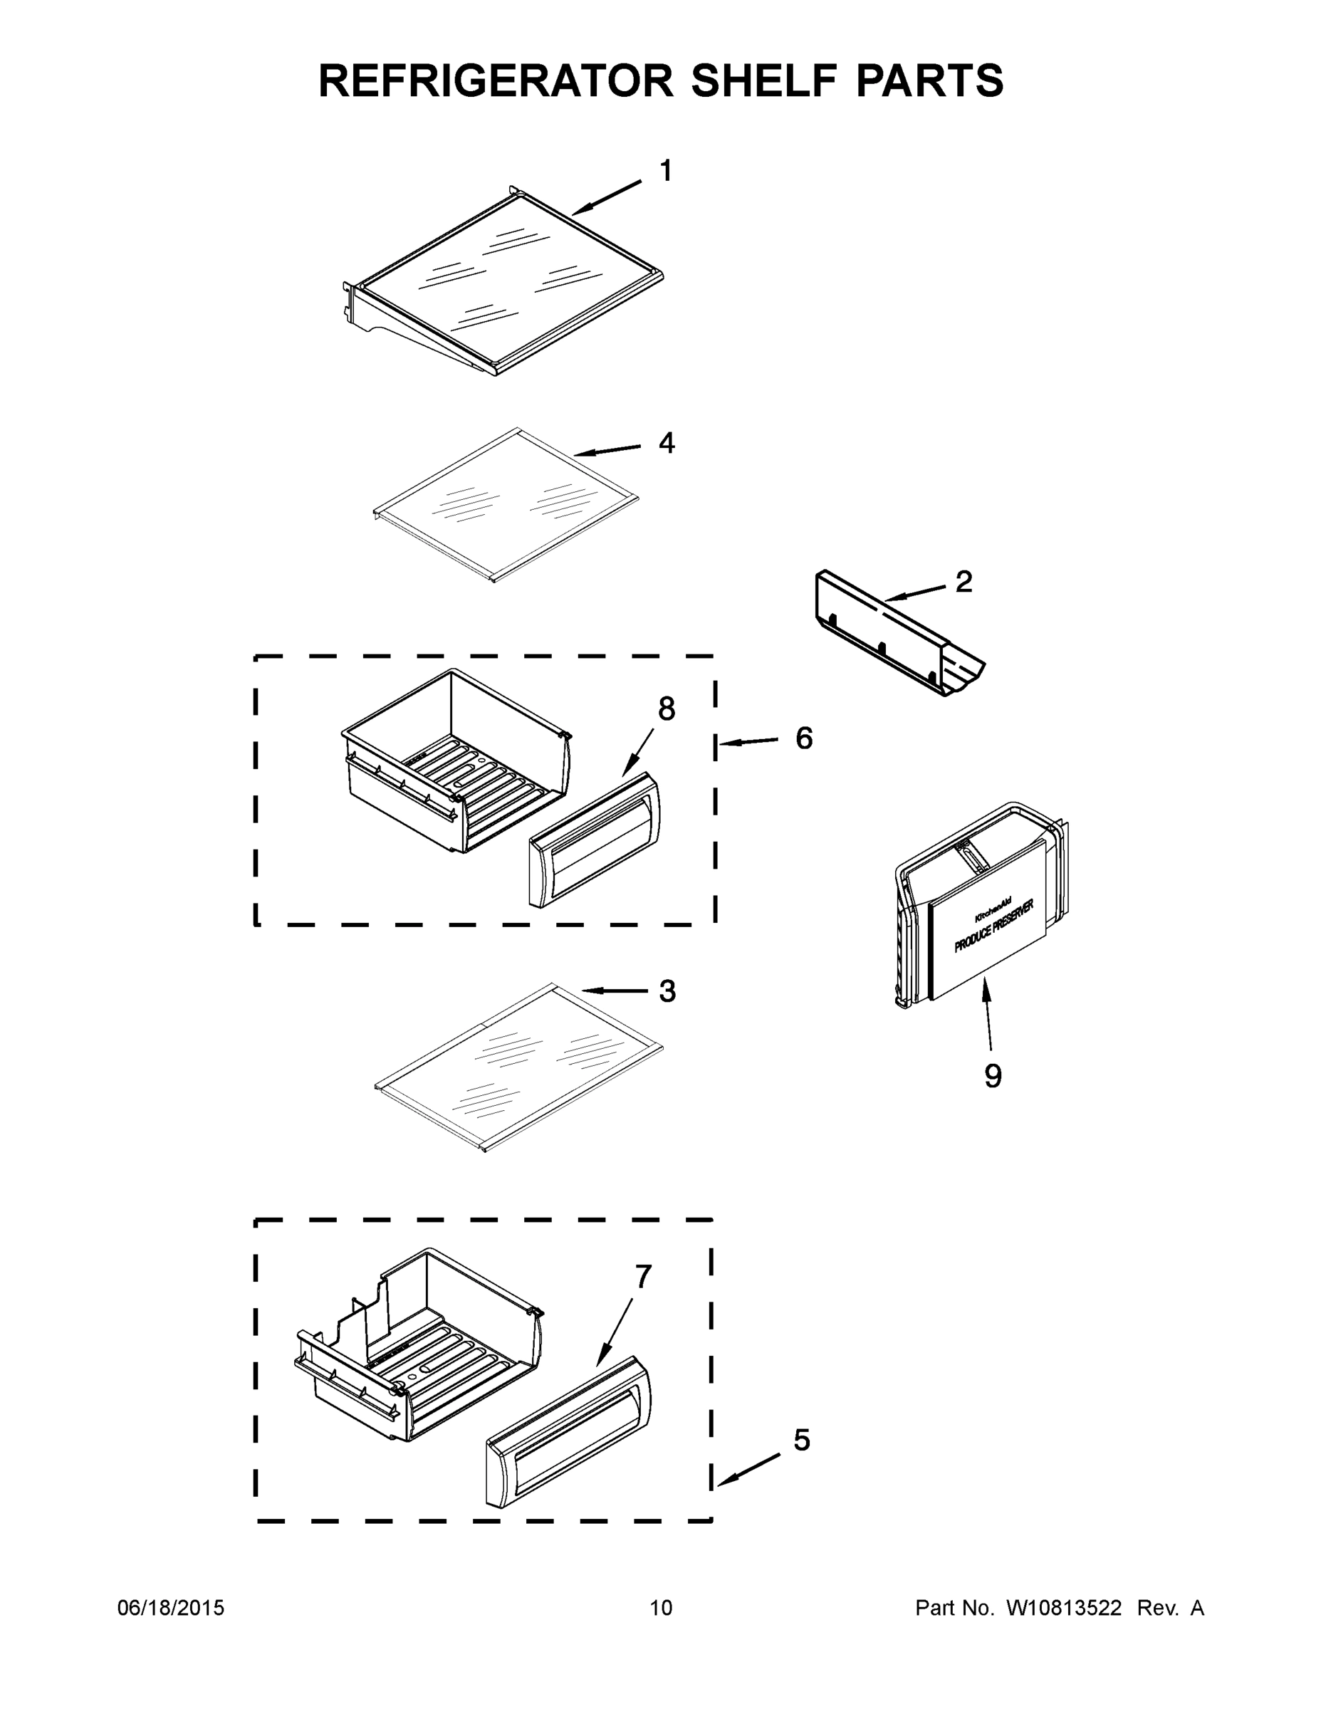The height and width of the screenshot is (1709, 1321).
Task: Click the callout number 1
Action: pyautogui.click(x=666, y=171)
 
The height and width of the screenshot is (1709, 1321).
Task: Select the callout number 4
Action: pyautogui.click(x=666, y=443)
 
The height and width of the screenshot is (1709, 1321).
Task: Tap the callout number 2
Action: pyautogui.click(x=964, y=581)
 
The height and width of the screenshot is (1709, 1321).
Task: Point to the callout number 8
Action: pyautogui.click(x=666, y=709)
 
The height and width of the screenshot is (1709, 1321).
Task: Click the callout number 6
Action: pyautogui.click(x=804, y=738)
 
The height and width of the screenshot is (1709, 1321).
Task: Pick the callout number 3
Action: pyautogui.click(x=667, y=991)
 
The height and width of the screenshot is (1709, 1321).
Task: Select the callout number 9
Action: pyautogui.click(x=992, y=1076)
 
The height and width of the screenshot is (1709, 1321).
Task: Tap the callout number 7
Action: pyautogui.click(x=642, y=1276)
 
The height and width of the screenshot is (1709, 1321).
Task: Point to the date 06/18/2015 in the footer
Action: pyautogui.click(x=171, y=1608)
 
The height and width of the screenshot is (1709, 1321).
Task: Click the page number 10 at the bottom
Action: pyautogui.click(x=661, y=1608)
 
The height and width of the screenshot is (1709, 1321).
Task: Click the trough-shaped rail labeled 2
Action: pyautogui.click(x=900, y=634)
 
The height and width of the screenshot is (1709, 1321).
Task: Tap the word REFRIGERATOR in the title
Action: pyautogui.click(x=496, y=80)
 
